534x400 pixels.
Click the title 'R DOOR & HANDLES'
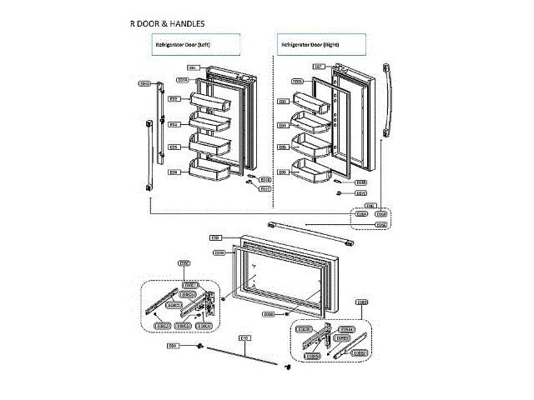click(167, 23)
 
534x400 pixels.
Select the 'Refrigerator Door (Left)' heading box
click(196, 43)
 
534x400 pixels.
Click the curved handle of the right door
click(385, 100)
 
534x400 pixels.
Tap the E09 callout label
click(173, 345)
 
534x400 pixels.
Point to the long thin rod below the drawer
click(242, 355)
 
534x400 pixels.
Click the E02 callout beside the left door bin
click(174, 98)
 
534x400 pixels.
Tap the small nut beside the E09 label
click(201, 346)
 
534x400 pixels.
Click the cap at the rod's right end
click(289, 365)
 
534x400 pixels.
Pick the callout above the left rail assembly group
click(185, 263)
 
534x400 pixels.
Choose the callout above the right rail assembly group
click(361, 302)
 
